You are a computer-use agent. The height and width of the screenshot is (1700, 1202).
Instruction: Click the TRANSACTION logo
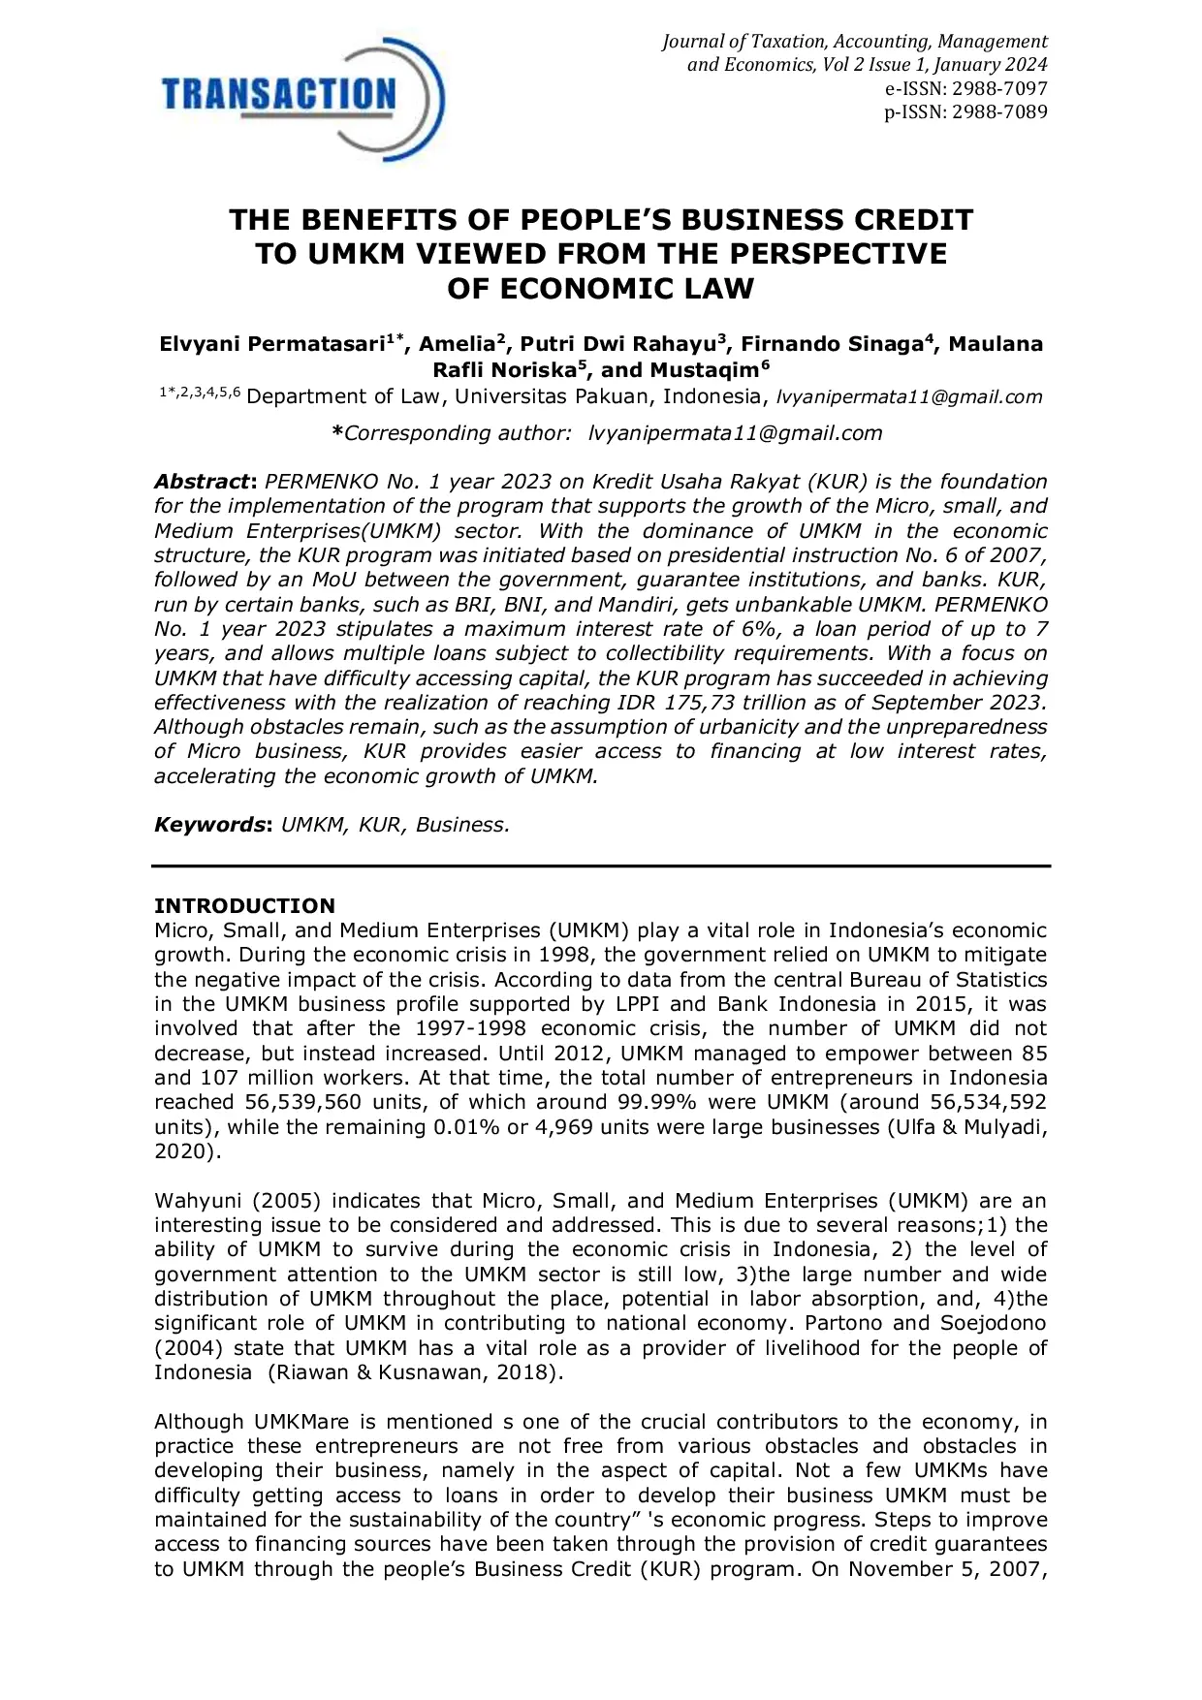tap(300, 97)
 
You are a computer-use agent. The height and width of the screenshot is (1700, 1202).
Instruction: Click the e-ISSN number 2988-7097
tap(999, 88)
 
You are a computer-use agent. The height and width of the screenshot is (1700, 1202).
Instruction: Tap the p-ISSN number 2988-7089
tap(999, 111)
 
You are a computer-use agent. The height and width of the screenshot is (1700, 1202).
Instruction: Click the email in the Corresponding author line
tap(736, 433)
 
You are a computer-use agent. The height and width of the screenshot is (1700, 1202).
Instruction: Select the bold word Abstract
tap(203, 482)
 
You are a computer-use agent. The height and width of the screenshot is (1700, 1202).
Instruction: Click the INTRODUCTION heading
tap(244, 906)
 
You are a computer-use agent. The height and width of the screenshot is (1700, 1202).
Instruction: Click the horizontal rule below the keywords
tap(601, 866)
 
